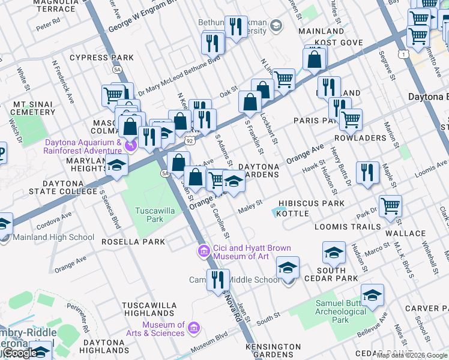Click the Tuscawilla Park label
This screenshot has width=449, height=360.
(149, 215)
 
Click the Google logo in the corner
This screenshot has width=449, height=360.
(19, 353)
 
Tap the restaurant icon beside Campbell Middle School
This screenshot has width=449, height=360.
(217, 280)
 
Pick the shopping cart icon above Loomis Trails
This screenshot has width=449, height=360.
(390, 205)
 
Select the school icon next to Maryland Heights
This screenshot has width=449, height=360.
(118, 166)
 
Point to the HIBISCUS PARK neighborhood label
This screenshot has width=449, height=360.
(315, 203)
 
